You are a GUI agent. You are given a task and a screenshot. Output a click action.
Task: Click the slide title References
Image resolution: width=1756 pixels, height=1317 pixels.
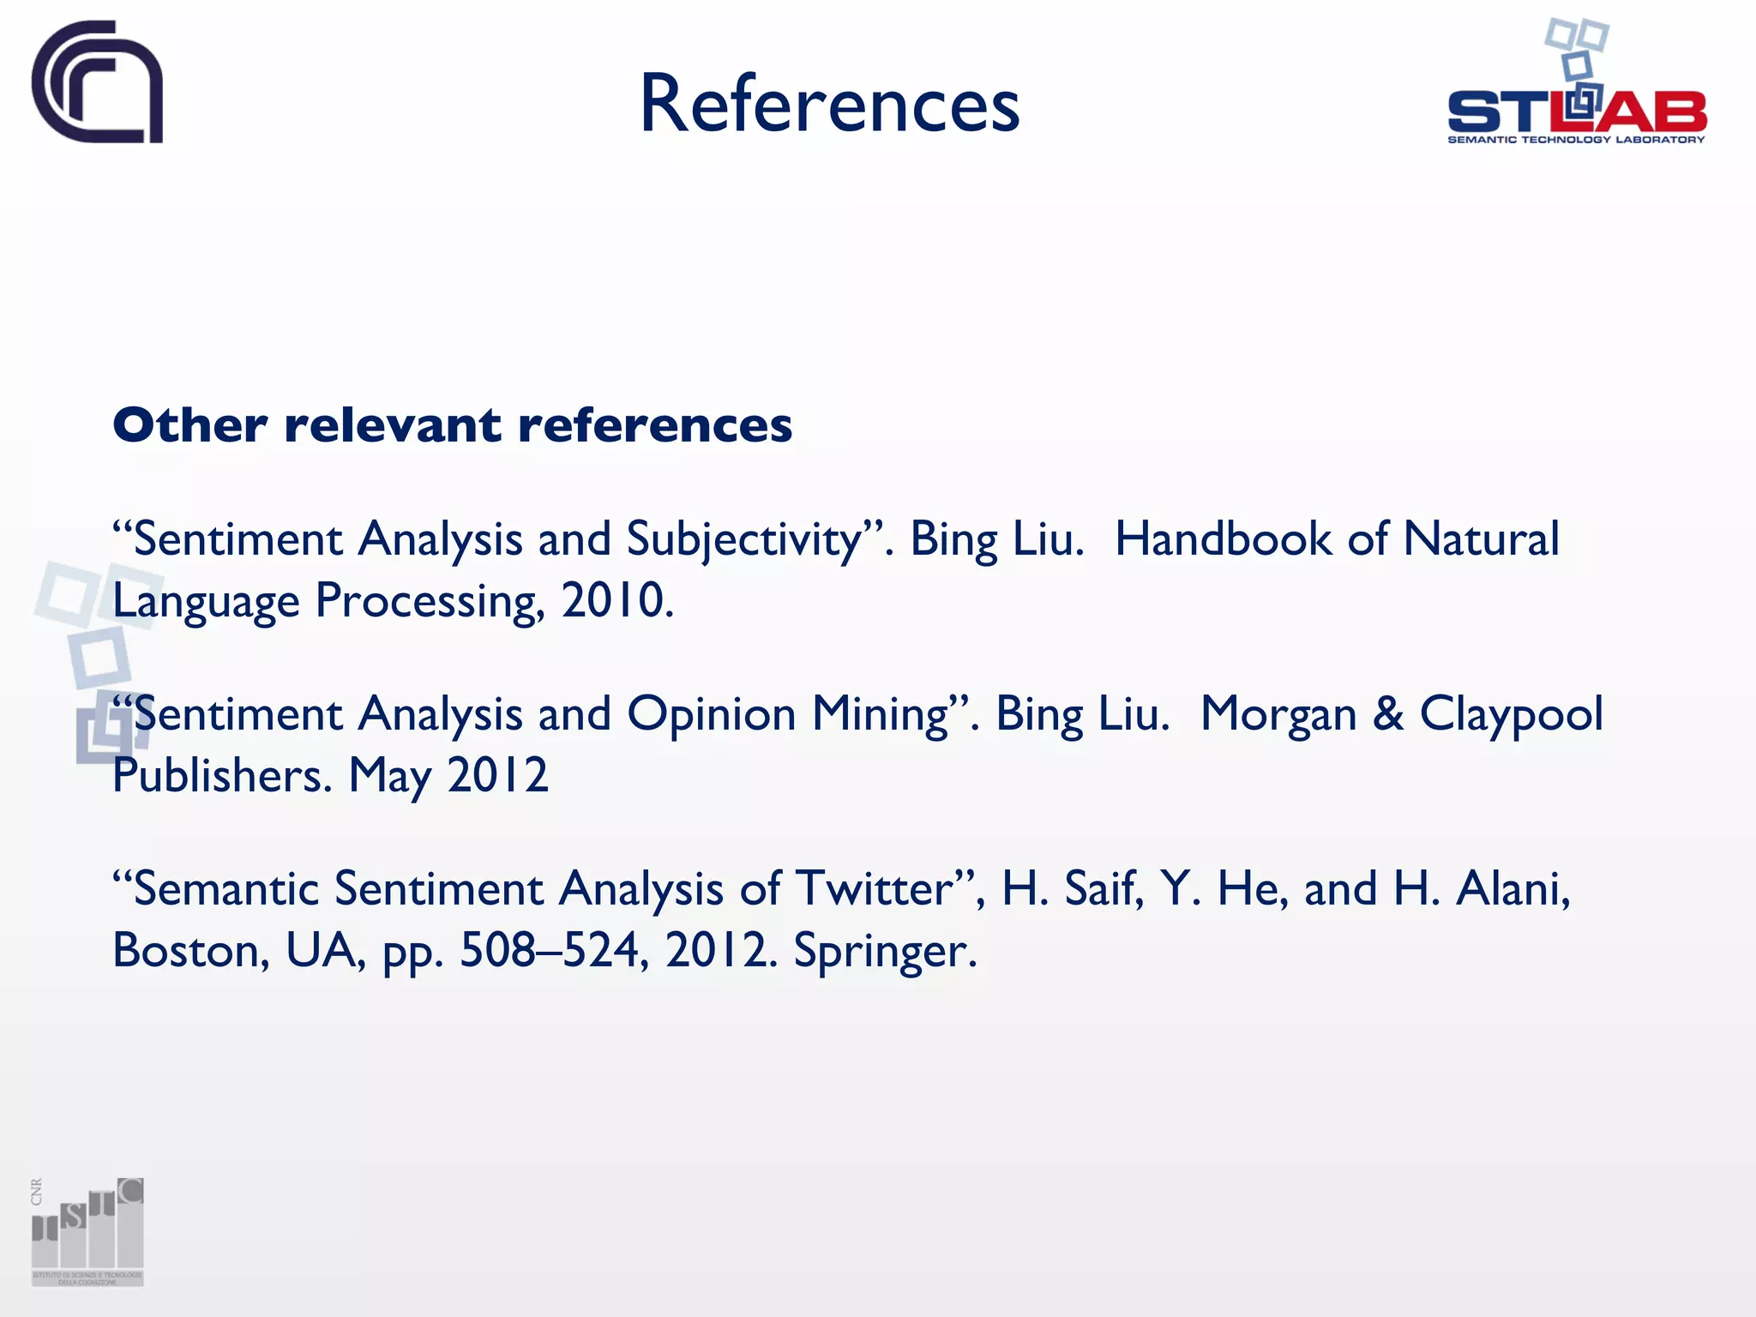(x=829, y=104)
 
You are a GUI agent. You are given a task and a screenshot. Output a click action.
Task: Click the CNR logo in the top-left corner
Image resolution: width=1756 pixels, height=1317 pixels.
(x=97, y=82)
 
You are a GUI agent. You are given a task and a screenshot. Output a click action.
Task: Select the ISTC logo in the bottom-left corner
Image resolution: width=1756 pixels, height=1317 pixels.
(x=87, y=1231)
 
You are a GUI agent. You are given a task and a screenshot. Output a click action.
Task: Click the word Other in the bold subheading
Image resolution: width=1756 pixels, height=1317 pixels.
(x=189, y=425)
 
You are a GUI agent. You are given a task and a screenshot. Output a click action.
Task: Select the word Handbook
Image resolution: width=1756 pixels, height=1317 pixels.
(x=1223, y=540)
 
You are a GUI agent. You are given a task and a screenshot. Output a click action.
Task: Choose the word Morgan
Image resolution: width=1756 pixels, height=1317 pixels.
(x=1278, y=714)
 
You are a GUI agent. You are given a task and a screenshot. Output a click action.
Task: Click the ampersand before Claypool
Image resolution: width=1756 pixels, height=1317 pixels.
(x=1388, y=714)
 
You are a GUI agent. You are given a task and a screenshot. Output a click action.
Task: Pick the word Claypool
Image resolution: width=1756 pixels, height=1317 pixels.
(x=1511, y=714)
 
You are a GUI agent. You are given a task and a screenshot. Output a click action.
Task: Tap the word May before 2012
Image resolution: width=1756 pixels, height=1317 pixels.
(x=389, y=776)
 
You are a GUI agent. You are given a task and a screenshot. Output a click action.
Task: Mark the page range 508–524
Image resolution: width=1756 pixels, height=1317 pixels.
(x=554, y=951)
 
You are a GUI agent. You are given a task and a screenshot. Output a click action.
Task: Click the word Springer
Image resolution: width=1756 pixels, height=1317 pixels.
(x=885, y=951)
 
